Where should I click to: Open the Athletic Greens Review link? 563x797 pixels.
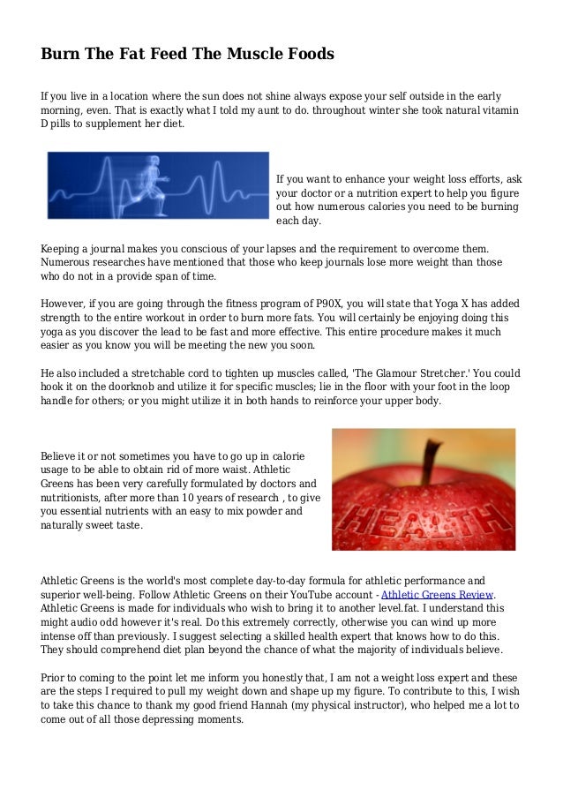coord(438,594)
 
